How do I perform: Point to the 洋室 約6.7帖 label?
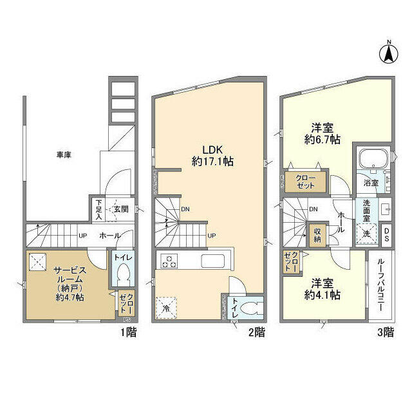click(322, 134)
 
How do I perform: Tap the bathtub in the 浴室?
click(371, 159)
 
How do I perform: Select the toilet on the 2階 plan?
click(252, 308)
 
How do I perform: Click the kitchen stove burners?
click(169, 262)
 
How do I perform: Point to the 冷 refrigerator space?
click(167, 306)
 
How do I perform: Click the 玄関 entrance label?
click(120, 209)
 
